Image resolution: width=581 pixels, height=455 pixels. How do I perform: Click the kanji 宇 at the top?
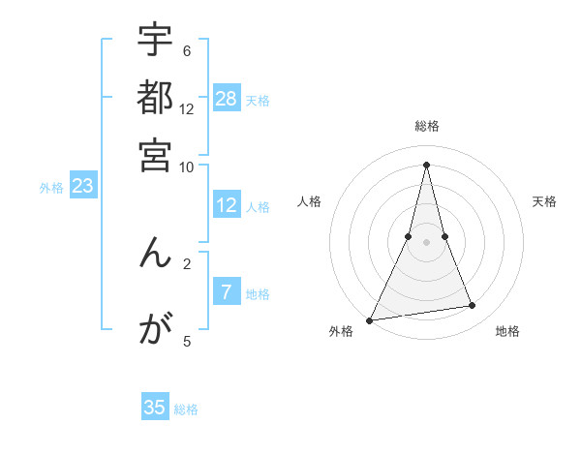click(155, 41)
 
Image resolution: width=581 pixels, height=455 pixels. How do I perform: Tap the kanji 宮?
click(155, 155)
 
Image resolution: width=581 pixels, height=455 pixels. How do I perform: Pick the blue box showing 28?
click(227, 99)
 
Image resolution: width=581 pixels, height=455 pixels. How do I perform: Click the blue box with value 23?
click(82, 186)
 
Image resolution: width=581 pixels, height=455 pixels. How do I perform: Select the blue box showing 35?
click(155, 408)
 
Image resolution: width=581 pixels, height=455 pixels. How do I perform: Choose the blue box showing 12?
click(227, 205)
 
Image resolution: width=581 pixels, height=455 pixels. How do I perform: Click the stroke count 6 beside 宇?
click(187, 51)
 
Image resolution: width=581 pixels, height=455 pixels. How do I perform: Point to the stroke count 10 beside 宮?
click(187, 167)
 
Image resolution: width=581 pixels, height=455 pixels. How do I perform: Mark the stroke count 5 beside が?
click(187, 341)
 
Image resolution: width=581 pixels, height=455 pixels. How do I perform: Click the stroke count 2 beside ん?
click(187, 262)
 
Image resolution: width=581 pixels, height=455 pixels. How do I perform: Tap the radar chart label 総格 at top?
click(426, 127)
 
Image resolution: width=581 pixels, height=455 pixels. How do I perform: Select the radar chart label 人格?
click(310, 201)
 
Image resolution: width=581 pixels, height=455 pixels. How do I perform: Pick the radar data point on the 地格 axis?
click(473, 306)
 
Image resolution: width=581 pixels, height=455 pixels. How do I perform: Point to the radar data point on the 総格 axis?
click(426, 164)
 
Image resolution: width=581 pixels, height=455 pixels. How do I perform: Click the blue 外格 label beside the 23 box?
click(50, 188)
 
